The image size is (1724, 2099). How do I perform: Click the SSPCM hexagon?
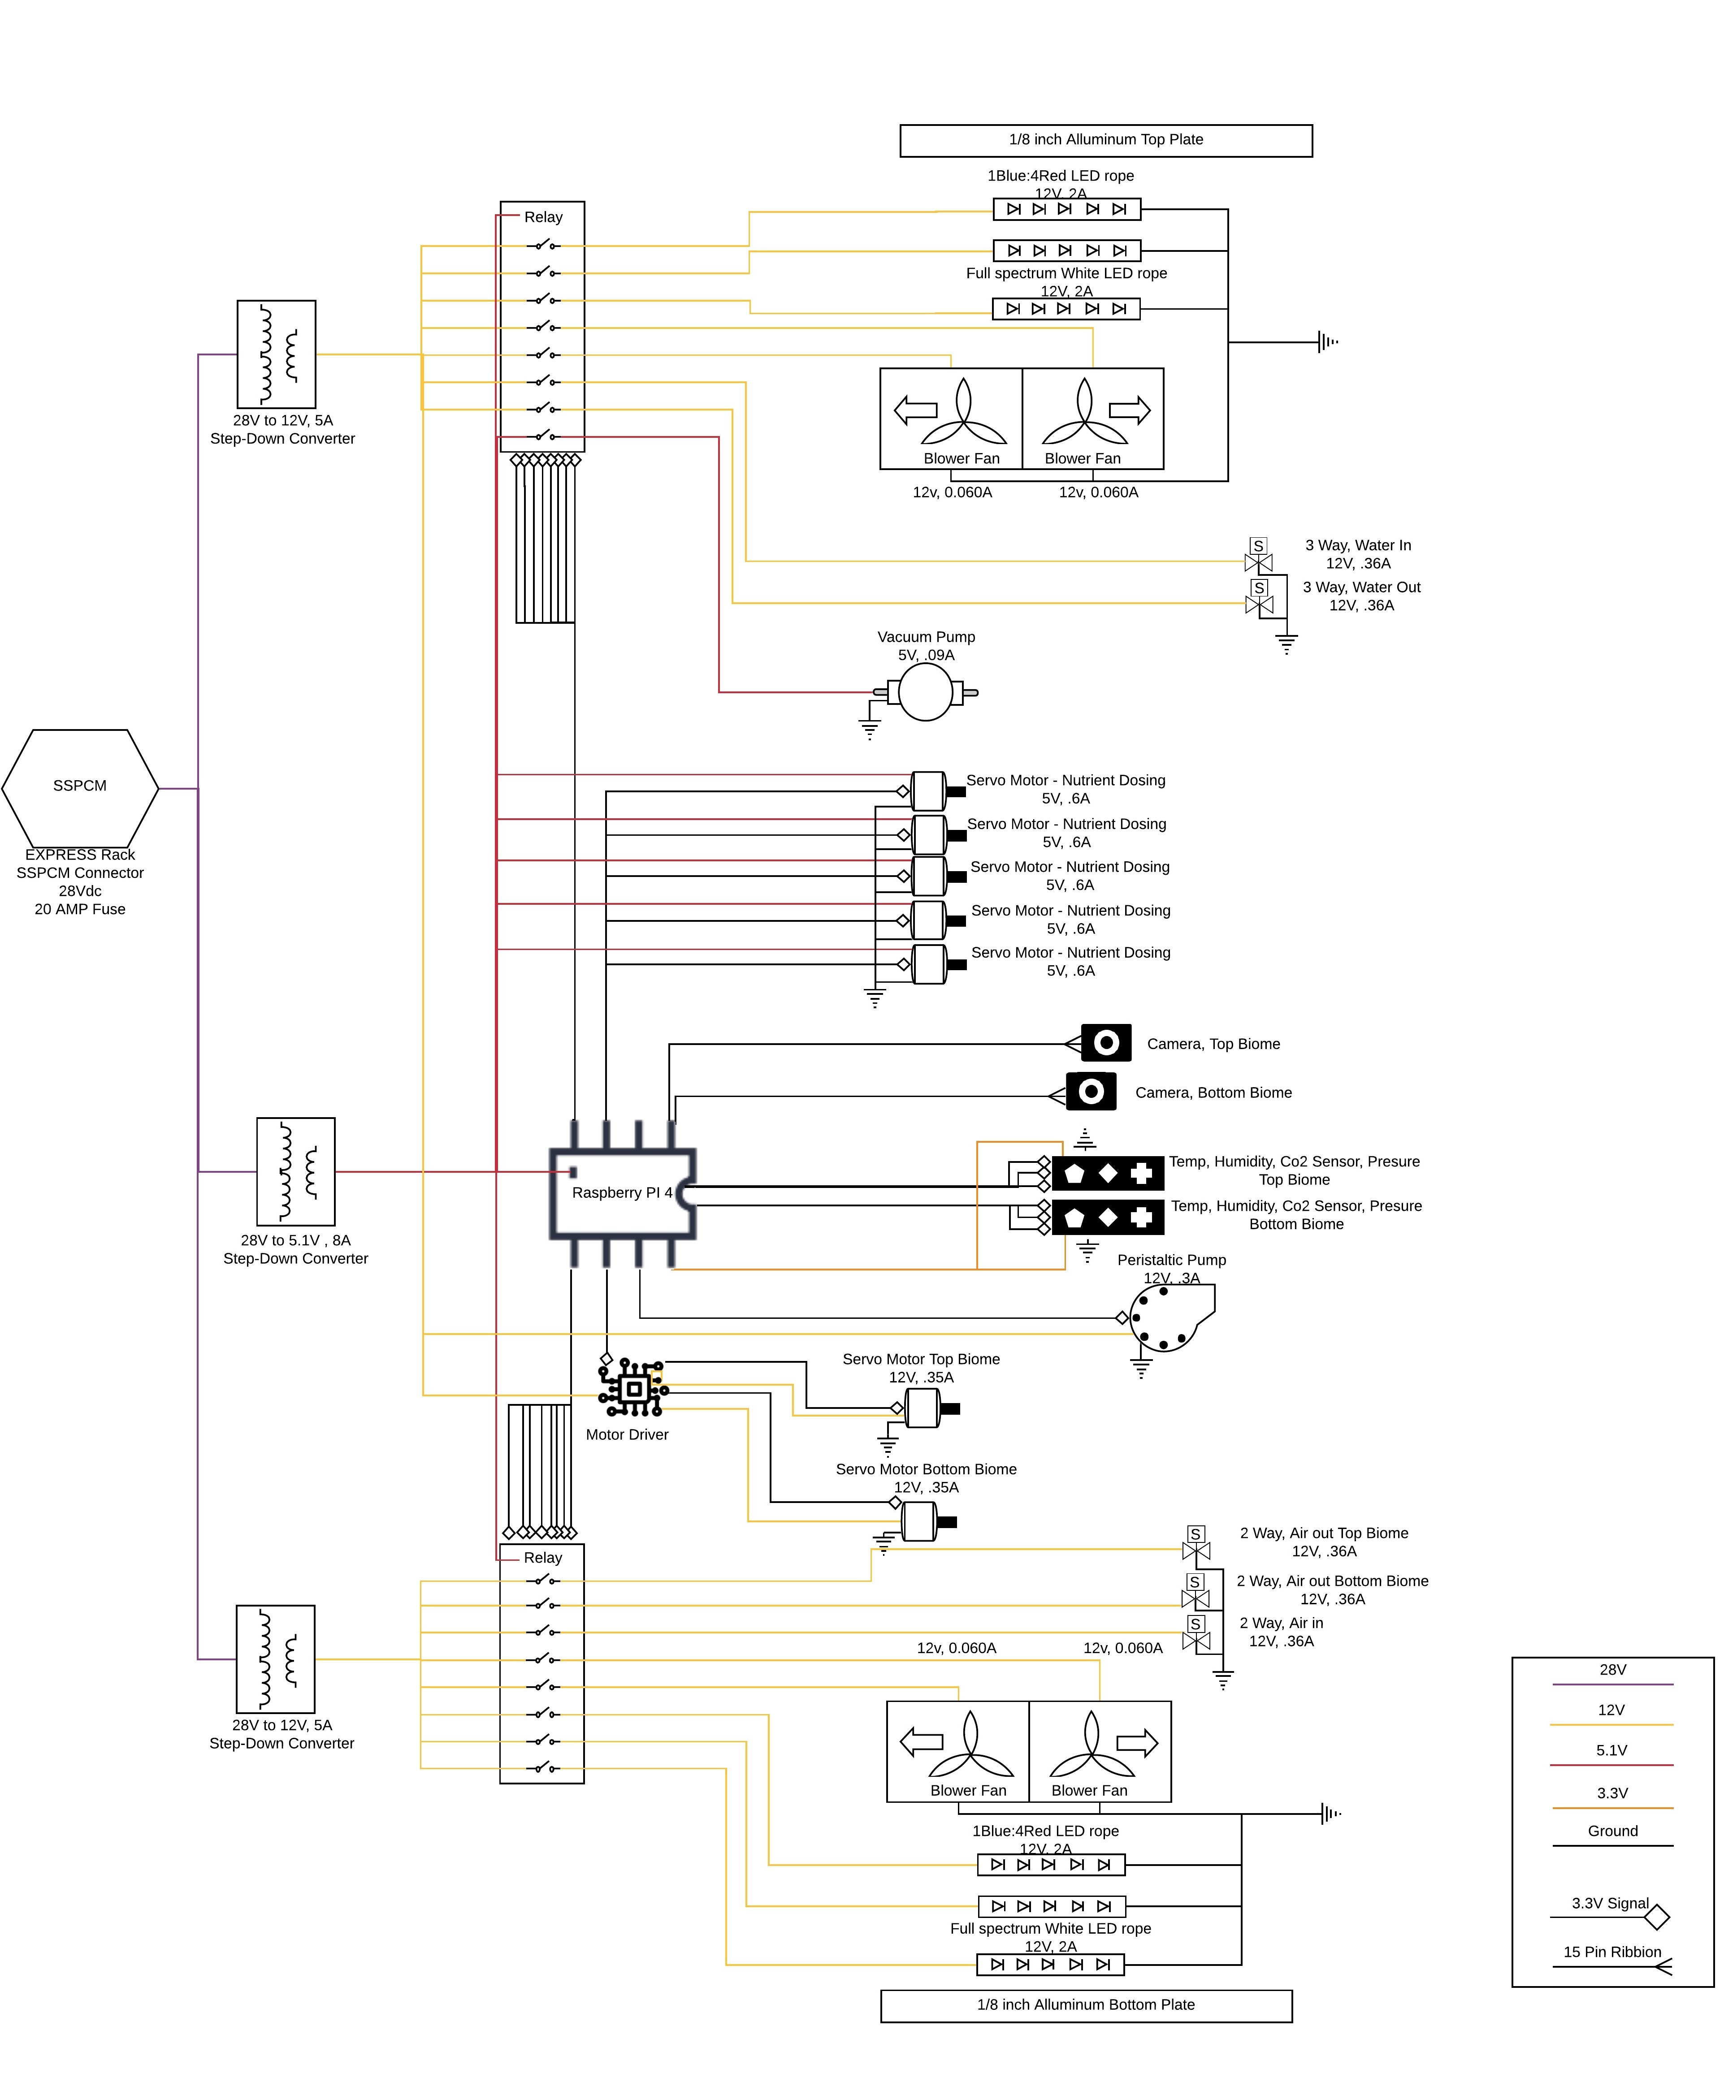[79, 787]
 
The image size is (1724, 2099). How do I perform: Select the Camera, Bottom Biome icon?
[1091, 1091]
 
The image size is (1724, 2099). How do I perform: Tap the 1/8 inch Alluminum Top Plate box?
[1105, 140]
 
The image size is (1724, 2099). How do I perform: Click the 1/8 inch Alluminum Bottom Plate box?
[1085, 2005]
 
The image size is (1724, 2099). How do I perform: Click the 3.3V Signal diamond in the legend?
[1656, 1916]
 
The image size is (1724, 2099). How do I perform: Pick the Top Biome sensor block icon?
[1107, 1174]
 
